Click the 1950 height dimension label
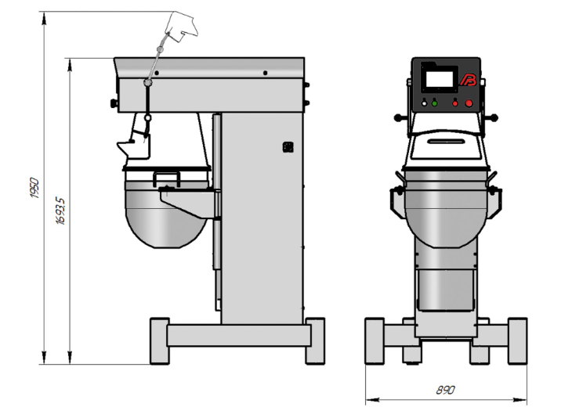34,188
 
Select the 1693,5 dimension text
60,211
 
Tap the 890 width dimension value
445,391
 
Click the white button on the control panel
424,103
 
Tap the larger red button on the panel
469,103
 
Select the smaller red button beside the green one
455,103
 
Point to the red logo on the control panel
469,80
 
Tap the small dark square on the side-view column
288,147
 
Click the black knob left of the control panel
399,117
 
